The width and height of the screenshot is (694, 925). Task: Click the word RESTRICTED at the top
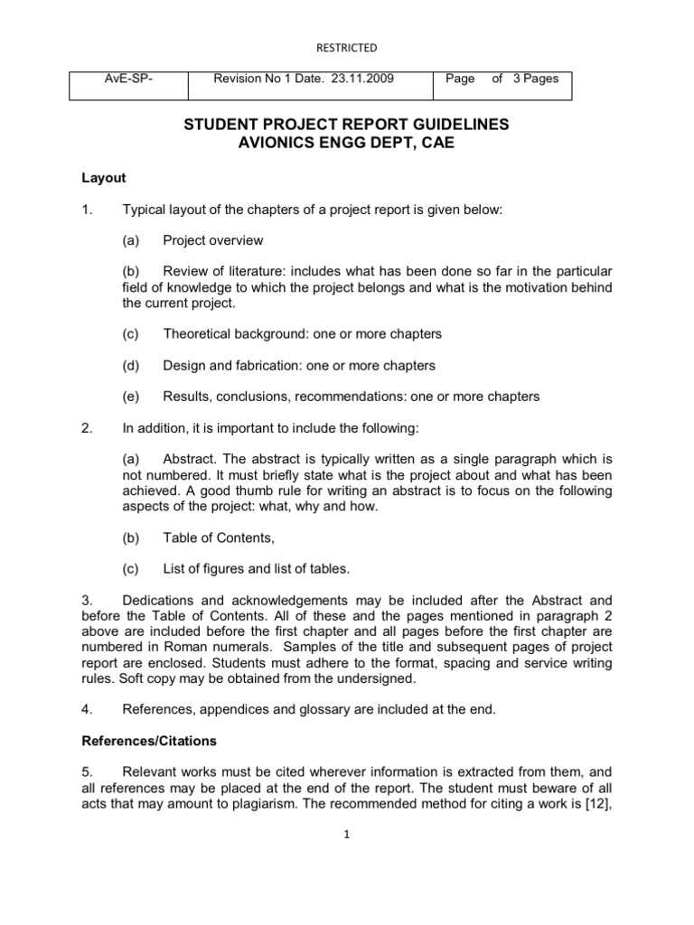pyautogui.click(x=347, y=47)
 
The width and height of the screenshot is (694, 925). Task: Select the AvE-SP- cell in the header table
pyautogui.click(x=131, y=79)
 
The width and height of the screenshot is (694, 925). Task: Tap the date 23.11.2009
pyautogui.click(x=370, y=79)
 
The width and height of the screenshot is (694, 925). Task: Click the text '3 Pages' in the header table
pyautogui.click(x=536, y=79)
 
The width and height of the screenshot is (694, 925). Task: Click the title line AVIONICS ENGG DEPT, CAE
pyautogui.click(x=347, y=144)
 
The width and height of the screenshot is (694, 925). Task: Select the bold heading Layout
pyautogui.click(x=103, y=178)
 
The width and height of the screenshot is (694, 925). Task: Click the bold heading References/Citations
pyautogui.click(x=150, y=740)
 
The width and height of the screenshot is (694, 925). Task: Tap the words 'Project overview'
pyautogui.click(x=213, y=240)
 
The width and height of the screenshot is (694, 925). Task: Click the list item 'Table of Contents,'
pyautogui.click(x=218, y=537)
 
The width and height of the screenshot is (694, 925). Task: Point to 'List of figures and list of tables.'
pyautogui.click(x=256, y=568)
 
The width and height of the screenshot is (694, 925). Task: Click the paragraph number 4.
pyautogui.click(x=86, y=709)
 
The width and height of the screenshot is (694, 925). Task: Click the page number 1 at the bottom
pyautogui.click(x=347, y=836)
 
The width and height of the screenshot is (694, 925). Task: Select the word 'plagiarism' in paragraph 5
pyautogui.click(x=235, y=803)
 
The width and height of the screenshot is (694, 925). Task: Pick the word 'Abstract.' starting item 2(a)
pyautogui.click(x=190, y=459)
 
